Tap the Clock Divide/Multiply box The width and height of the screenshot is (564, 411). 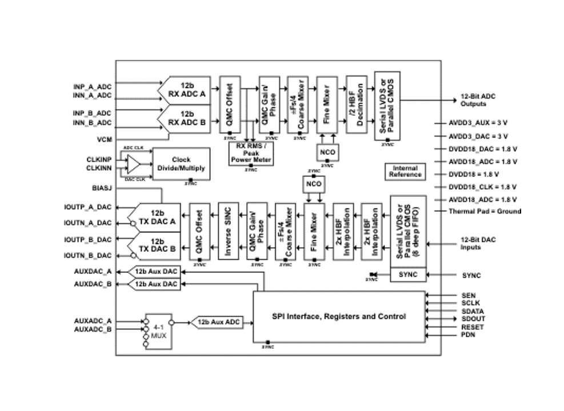click(x=181, y=164)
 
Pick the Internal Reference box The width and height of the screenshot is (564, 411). click(x=405, y=171)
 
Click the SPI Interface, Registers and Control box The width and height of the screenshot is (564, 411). click(x=339, y=316)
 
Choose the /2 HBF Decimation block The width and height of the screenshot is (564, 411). click(x=356, y=104)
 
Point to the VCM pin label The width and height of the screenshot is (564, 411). click(x=104, y=139)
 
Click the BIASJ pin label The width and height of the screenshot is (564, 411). click(x=102, y=187)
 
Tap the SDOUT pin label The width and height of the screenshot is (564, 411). click(x=472, y=319)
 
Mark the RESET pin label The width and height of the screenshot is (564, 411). click(x=472, y=327)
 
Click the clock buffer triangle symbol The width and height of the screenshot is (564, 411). click(x=133, y=164)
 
